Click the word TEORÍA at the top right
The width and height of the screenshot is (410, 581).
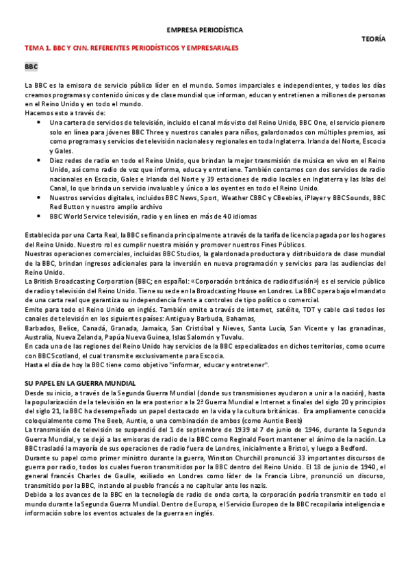(x=373, y=40)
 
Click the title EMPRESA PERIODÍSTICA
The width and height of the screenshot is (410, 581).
(x=205, y=30)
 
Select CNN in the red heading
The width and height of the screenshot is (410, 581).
(x=79, y=49)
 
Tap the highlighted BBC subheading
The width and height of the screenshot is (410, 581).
(x=31, y=67)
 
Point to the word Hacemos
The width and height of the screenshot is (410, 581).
(x=38, y=112)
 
